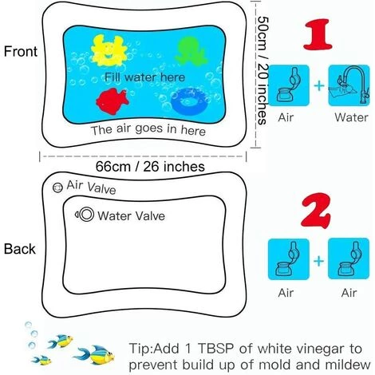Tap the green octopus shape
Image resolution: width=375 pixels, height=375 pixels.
[191, 50]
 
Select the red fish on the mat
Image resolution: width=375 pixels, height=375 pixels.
[112, 101]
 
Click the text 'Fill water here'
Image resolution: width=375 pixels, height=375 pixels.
[144, 77]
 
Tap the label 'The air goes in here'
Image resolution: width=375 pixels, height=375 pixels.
[148, 130]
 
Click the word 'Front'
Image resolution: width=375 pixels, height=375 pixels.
[21, 51]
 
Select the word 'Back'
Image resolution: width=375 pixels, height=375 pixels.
[20, 249]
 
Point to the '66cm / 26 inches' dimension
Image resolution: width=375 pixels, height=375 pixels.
[150, 167]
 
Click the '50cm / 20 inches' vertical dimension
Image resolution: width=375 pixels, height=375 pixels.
[262, 71]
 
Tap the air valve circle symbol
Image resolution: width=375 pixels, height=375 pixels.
[57, 187]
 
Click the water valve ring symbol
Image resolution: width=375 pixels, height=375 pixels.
[86, 214]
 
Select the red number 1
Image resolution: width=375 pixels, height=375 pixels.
[318, 34]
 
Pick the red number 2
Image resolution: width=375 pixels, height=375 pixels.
[317, 211]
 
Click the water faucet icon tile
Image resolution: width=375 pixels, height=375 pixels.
[349, 85]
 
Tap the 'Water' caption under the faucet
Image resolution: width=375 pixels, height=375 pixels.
[351, 117]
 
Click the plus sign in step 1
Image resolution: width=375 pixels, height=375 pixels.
[319, 85]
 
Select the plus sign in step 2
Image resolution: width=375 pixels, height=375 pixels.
[319, 261]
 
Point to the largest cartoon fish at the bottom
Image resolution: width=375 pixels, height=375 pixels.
[95, 354]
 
